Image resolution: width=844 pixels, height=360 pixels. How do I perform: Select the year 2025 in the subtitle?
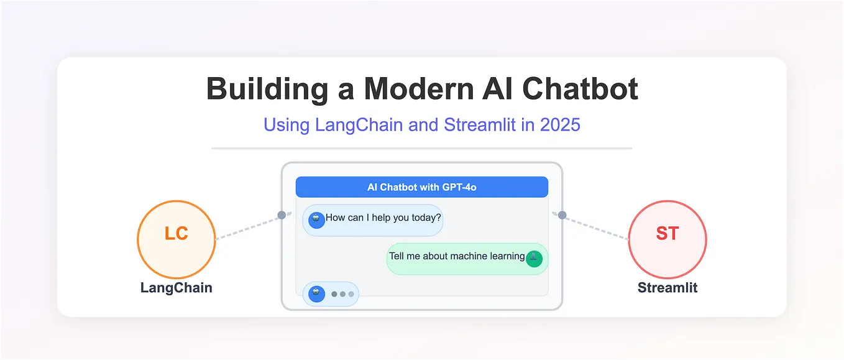[560, 124]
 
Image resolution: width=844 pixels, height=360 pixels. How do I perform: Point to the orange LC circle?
[176, 239]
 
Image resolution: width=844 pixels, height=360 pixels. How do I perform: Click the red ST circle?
[667, 239]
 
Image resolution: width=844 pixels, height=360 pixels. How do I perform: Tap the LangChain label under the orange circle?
[176, 288]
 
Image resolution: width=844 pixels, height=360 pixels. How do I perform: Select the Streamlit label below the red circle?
[667, 288]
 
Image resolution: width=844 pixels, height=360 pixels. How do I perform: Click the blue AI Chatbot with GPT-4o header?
[421, 187]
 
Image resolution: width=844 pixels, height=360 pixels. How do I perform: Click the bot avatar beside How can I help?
[316, 220]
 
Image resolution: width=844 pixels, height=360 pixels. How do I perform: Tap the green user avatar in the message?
[534, 259]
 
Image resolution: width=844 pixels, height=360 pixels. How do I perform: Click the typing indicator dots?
[342, 294]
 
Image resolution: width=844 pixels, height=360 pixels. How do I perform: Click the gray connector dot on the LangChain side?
[282, 215]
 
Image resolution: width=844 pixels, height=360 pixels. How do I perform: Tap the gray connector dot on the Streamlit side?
[562, 215]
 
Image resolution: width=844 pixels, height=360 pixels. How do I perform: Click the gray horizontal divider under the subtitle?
[421, 149]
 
